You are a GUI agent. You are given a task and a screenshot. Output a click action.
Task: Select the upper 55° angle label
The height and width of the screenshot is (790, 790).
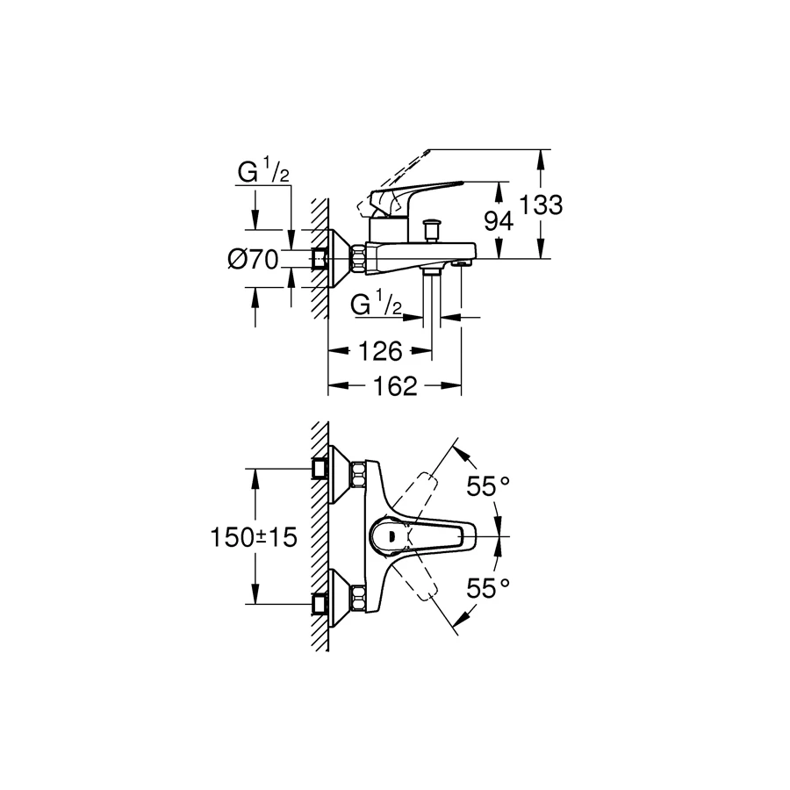[x=487, y=487]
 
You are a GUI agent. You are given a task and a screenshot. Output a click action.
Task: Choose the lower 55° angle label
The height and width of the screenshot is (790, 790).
[x=487, y=588]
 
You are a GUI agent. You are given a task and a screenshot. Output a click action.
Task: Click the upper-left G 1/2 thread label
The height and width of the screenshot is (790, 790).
[x=263, y=173]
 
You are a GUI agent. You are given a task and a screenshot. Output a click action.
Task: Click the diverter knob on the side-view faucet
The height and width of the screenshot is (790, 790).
[x=431, y=230]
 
